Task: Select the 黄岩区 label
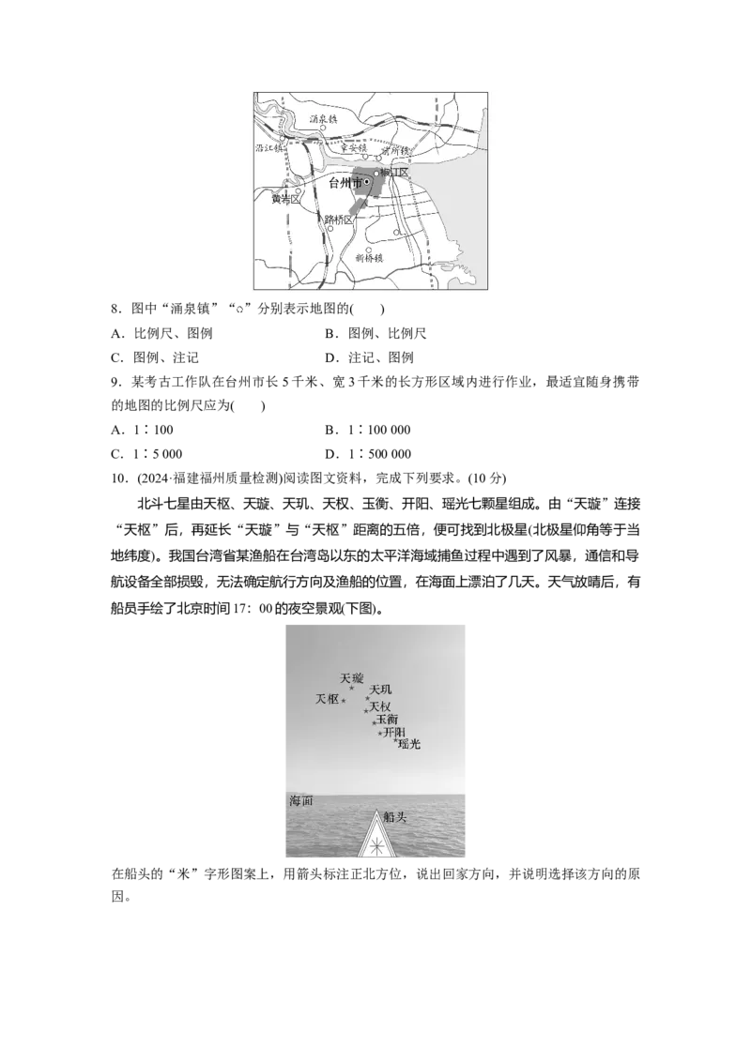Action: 283,199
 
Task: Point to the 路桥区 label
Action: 339,220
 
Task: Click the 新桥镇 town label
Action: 370,258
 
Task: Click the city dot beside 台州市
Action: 367,182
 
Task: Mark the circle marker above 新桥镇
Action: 368,249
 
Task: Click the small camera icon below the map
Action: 240,308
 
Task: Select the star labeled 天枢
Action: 344,701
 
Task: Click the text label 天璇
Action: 351,677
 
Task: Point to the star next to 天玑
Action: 367,698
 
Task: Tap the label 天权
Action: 380,706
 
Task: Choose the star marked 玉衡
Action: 374,723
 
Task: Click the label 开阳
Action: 395,732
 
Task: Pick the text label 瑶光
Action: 409,744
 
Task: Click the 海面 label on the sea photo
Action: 300,801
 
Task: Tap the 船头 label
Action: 396,818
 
